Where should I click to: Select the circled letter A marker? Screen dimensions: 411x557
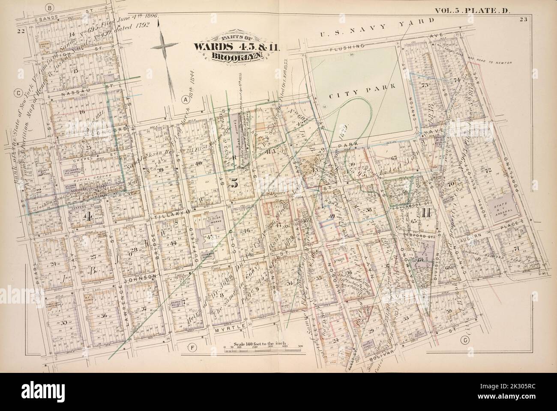coord(186,99)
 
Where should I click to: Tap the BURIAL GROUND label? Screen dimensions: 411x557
coord(86,175)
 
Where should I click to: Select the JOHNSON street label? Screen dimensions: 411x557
coord(137,277)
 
